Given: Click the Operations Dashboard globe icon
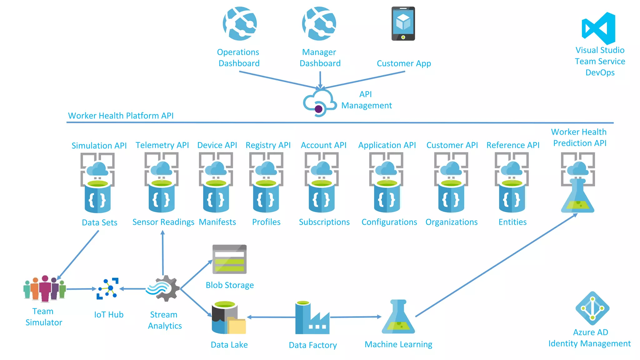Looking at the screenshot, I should tap(240, 24).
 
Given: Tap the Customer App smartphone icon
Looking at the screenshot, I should tap(403, 24).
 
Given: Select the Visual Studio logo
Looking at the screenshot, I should tap(599, 28).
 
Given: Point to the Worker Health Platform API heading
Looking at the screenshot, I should tap(121, 116).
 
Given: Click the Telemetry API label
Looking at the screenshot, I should tap(162, 145).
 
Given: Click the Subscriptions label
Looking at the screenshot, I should tap(324, 222).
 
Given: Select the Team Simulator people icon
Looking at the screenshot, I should tap(45, 289).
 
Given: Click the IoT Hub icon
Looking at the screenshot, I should tap(107, 288).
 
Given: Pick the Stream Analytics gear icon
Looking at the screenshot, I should tap(164, 288).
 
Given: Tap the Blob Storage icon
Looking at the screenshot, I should tap(229, 259).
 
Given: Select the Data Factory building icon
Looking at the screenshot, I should tap(312, 318).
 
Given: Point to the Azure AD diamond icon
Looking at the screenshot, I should tap(592, 308).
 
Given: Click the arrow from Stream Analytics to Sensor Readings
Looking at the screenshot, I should tap(163, 253).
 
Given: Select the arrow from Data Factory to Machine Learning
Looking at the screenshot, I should tap(355, 317).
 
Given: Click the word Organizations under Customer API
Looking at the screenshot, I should tap(451, 222).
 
